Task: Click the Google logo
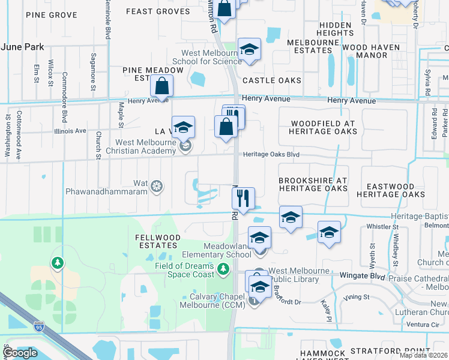coord(19,353)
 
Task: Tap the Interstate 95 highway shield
coord(39,326)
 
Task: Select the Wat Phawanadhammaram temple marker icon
coord(157,187)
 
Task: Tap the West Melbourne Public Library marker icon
coord(259,272)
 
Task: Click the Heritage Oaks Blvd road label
coord(271,155)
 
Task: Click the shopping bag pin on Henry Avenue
coord(161,86)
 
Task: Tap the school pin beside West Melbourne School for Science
coord(249,50)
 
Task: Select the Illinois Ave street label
coord(70,130)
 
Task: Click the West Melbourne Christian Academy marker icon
coord(186,145)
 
